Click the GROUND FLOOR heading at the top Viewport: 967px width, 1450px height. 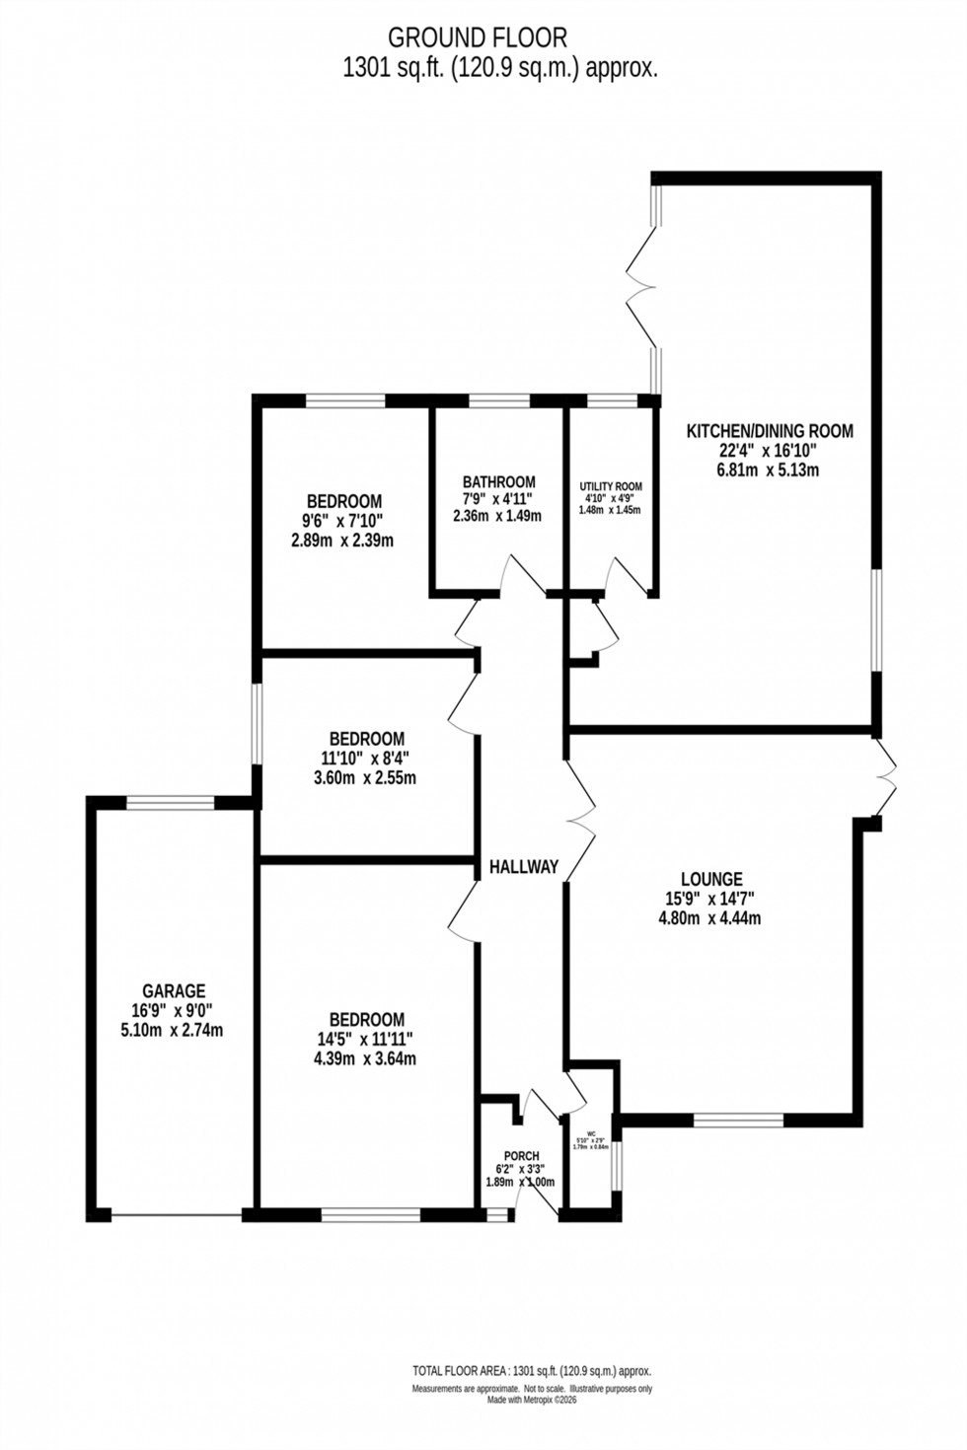[478, 37]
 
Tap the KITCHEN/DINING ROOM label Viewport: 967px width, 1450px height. [770, 430]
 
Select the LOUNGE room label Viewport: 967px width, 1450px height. [711, 879]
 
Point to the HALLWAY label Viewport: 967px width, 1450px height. [524, 867]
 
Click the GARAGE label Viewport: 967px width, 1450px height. [174, 991]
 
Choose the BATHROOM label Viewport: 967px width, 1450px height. [498, 481]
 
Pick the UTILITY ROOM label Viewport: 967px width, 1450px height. [611, 486]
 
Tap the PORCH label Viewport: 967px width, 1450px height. [521, 1156]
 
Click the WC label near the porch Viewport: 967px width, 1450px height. [592, 1133]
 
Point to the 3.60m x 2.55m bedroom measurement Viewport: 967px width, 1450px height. [367, 777]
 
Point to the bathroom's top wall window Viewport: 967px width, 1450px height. [498, 400]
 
